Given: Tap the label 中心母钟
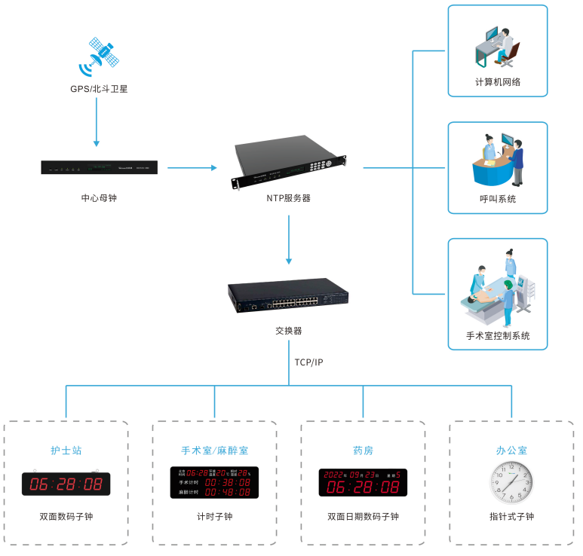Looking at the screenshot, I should (x=99, y=198).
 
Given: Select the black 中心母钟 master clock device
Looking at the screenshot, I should (x=99, y=167).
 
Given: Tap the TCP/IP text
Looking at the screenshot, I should (x=308, y=362).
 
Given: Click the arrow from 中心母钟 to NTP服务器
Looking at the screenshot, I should (x=192, y=167).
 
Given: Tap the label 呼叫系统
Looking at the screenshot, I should (x=498, y=200).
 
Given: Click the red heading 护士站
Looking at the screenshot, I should (x=66, y=451).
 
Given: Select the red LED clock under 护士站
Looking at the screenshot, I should (x=66, y=484).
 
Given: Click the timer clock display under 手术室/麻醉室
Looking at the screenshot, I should (x=214, y=483).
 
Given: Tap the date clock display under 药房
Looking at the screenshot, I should (x=363, y=483).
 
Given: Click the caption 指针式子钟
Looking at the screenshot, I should (x=511, y=517).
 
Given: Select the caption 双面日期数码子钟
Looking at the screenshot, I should (x=363, y=517).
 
